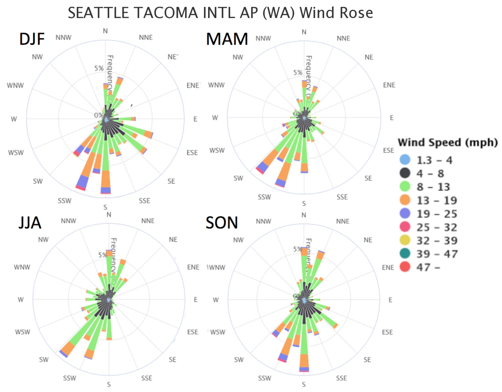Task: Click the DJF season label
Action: pyautogui.click(x=32, y=39)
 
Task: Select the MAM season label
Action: pyautogui.click(x=227, y=39)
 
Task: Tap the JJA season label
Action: pyautogui.click(x=30, y=223)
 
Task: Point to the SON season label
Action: pyautogui.click(x=222, y=223)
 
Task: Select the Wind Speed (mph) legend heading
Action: pyautogui.click(x=447, y=142)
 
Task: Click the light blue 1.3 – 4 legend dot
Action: pyautogui.click(x=405, y=160)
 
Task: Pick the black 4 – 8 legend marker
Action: pyautogui.click(x=405, y=173)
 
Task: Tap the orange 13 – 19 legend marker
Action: pyautogui.click(x=405, y=200)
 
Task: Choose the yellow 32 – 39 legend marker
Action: pyautogui.click(x=405, y=240)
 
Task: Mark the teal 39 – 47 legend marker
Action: pyautogui.click(x=405, y=253)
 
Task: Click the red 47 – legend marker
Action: pyautogui.click(x=405, y=267)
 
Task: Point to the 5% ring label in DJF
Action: pyautogui.click(x=99, y=68)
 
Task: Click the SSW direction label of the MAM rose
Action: pyautogui.click(x=264, y=197)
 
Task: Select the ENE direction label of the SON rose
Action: pyautogui.click(x=388, y=267)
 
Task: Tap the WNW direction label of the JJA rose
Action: pyautogui.click(x=22, y=267)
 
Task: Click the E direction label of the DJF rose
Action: pyautogui.click(x=195, y=119)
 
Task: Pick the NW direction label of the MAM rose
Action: pyautogui.click(x=238, y=57)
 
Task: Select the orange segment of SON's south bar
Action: pyautogui.click(x=304, y=361)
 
